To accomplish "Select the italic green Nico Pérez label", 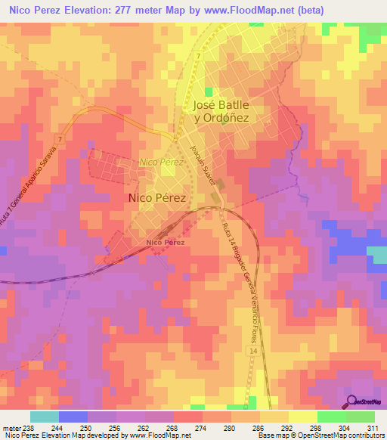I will [161, 163].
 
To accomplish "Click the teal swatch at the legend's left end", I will [45, 417].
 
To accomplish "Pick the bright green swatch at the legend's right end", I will [360, 417].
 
